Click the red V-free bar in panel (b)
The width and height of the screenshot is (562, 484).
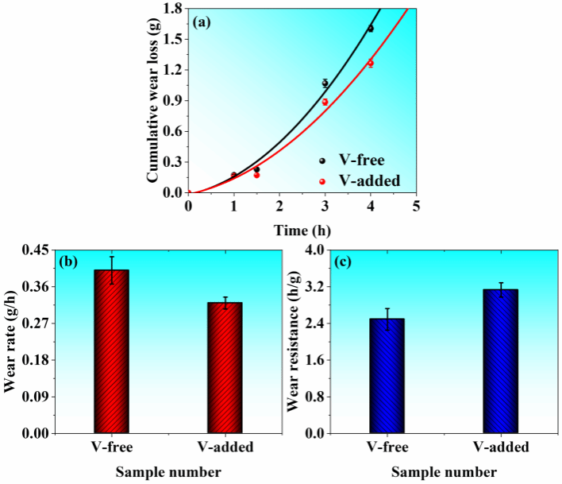click(111, 352)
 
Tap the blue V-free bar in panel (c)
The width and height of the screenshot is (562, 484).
click(387, 376)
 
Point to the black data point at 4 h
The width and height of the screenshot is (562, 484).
click(370, 29)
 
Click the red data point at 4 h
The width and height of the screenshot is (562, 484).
click(370, 63)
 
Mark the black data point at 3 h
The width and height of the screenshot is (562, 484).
click(325, 83)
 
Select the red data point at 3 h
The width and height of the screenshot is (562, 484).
click(325, 102)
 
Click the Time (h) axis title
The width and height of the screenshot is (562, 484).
click(301, 230)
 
